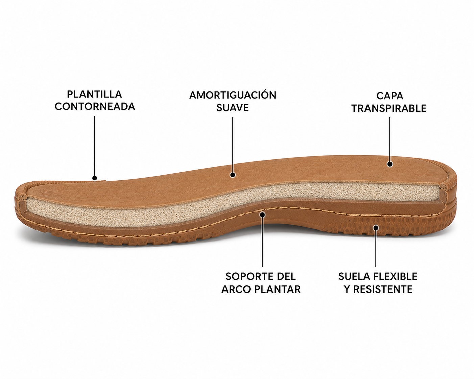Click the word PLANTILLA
pos(94,94)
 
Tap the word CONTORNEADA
pos(95,106)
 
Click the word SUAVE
pos(233,108)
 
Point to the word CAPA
pos(389,96)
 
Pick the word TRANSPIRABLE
pos(389,108)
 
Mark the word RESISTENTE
pos(383,289)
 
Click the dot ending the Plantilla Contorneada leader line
pos(95,178)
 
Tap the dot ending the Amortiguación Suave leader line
pos(233,175)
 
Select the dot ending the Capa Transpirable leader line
pos(390,164)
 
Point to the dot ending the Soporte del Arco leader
pos(262,214)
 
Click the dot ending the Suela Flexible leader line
pos(376,227)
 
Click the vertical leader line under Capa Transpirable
pos(390,141)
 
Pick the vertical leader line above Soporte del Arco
pos(262,241)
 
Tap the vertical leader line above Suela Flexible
pos(376,247)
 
